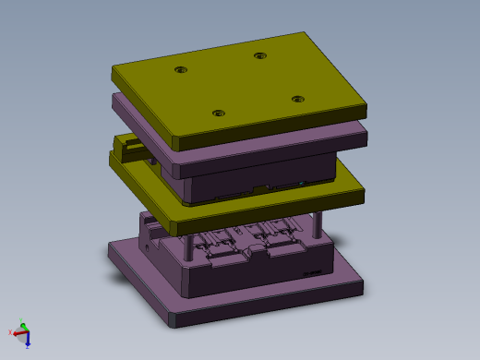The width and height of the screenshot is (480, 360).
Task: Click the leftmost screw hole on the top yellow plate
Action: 180,70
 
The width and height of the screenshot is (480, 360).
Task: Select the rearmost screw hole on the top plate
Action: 260,56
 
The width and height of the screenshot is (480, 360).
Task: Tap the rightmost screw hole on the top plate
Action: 297,98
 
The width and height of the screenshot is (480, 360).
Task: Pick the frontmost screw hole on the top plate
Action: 218,114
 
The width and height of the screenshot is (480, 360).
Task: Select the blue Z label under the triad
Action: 28,344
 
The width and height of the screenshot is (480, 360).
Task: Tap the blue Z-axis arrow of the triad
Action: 26,338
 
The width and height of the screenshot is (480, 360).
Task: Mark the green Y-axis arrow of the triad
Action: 23,330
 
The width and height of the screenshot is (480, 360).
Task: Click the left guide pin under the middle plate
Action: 188,246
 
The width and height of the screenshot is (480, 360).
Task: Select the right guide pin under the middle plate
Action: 319,225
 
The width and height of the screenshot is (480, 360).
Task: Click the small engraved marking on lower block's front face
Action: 312,272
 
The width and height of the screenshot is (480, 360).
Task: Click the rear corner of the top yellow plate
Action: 306,34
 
